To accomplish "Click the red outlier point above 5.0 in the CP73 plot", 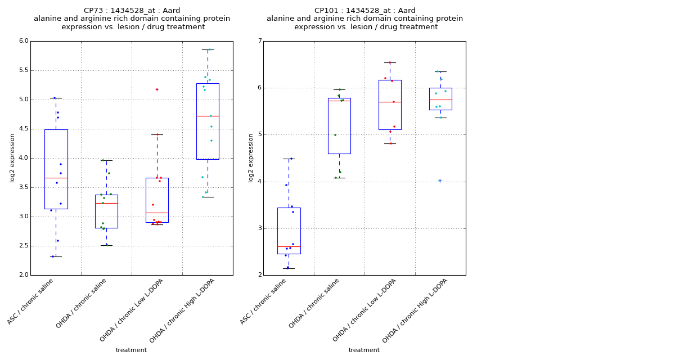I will coord(157,89).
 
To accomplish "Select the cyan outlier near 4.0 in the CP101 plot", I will coord(440,181).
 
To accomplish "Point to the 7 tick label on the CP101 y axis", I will coord(259,41).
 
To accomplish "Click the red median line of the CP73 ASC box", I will coord(56,178).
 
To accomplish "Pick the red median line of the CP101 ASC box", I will coord(289,246).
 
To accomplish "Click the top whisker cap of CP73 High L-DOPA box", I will coord(208,49).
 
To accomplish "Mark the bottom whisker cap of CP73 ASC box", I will coord(56,256).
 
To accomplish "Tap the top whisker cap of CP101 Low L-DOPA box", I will coord(390,62).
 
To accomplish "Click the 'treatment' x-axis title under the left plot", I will coord(131,350).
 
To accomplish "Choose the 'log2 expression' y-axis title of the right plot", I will coord(251,157).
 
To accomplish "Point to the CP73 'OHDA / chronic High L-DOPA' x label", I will coord(183,310).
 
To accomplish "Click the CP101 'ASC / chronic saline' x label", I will coord(264,301).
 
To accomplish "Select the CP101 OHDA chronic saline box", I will coord(339,126).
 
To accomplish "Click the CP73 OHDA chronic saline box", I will coord(106,211).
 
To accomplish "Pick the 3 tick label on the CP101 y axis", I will coord(259,228).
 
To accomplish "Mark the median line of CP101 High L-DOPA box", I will coord(440,100).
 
